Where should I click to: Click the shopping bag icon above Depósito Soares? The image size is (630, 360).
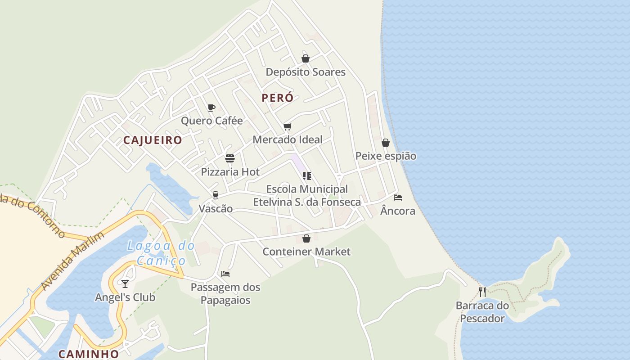pos(306,58)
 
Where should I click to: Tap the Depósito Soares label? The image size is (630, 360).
pos(306,72)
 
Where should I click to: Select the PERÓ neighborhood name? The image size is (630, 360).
pos(278,98)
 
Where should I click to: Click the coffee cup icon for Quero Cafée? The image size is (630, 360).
pos(211,108)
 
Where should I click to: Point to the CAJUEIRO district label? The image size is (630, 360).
pos(153,140)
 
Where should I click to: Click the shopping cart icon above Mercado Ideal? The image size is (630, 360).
pos(288,127)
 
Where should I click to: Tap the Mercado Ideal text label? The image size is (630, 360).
pos(288,139)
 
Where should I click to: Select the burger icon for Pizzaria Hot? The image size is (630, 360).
pos(230,158)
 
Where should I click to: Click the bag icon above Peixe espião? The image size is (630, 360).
pos(386,143)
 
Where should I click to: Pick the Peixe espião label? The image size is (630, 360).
pos(386,156)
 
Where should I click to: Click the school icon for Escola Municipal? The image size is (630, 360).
pos(307,176)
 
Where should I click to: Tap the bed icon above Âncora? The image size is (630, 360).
pos(398,198)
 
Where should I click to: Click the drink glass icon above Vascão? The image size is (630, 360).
pos(216,195)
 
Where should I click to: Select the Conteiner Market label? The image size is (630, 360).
pos(306,252)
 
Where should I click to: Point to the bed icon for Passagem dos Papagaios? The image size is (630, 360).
pos(225,274)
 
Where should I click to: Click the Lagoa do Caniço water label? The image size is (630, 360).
pos(161,253)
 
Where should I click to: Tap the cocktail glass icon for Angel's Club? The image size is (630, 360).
pos(125,283)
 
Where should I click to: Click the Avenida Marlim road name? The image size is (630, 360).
pos(72,261)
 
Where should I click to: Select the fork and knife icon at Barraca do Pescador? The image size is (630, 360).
pos(482,292)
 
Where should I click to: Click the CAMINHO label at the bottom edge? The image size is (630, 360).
pos(89,354)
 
